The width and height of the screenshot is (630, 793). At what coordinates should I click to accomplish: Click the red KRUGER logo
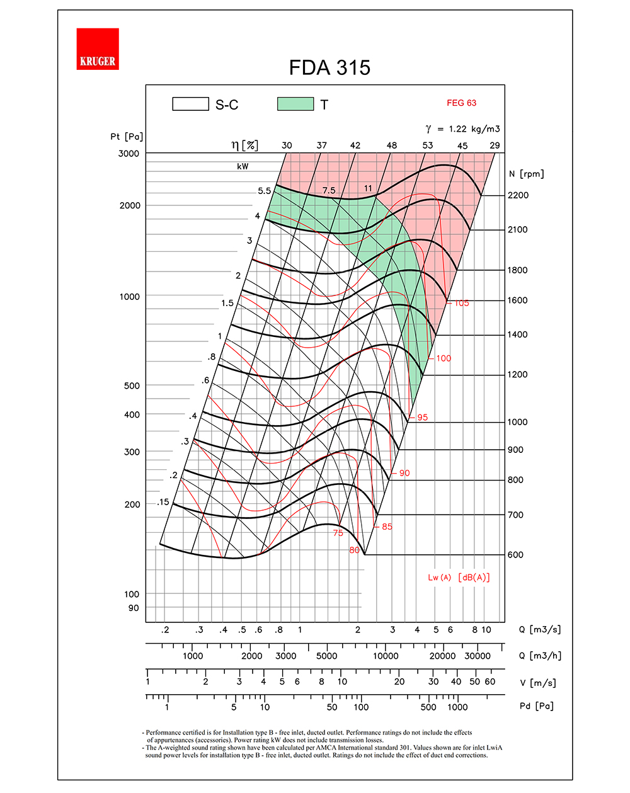pyautogui.click(x=98, y=49)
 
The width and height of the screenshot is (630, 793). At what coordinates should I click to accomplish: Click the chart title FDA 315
pyautogui.click(x=329, y=68)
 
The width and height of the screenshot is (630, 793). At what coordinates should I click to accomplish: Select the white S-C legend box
pyautogui.click(x=190, y=104)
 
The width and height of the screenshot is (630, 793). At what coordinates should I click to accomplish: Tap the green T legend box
pyautogui.click(x=295, y=104)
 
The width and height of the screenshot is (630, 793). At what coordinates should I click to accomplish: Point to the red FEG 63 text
pyautogui.click(x=462, y=103)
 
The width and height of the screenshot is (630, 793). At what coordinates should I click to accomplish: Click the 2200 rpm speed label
pyautogui.click(x=518, y=195)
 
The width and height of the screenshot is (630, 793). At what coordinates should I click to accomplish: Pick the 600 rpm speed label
pyautogui.click(x=515, y=555)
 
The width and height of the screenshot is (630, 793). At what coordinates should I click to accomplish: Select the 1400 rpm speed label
pyautogui.click(x=517, y=334)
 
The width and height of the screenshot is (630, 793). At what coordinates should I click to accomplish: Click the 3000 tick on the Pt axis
pyautogui.click(x=129, y=154)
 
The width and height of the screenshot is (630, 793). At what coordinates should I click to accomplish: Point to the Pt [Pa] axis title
pyautogui.click(x=127, y=137)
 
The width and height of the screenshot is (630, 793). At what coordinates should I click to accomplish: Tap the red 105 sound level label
pyautogui.click(x=462, y=303)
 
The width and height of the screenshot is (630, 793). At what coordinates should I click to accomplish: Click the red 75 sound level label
pyautogui.click(x=338, y=533)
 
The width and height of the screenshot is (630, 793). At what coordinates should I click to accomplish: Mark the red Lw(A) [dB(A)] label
pyautogui.click(x=459, y=578)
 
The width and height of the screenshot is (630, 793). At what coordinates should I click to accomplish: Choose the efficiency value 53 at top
pyautogui.click(x=428, y=145)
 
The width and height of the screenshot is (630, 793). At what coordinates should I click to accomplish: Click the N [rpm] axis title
pyautogui.click(x=526, y=174)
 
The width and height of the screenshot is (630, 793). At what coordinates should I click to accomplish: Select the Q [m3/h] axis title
pyautogui.click(x=540, y=656)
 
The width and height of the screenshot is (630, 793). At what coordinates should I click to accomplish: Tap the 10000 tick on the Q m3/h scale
pyautogui.click(x=386, y=656)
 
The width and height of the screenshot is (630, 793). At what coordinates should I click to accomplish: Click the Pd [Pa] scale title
pyautogui.click(x=537, y=706)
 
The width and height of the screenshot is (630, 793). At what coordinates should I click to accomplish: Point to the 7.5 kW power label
pyautogui.click(x=329, y=190)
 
